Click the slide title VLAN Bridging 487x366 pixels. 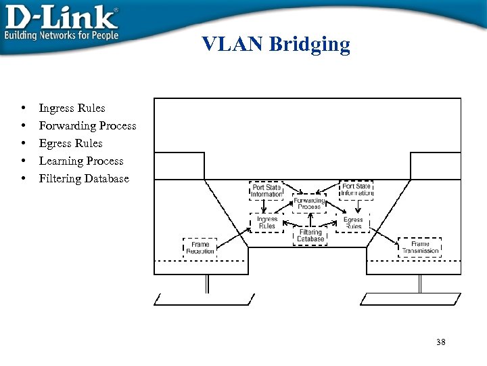tap(276, 45)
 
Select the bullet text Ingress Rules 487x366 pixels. tap(72, 108)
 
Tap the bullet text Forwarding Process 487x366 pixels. tap(87, 125)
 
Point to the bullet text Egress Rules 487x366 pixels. tap(70, 143)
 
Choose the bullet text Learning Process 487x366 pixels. tap(81, 161)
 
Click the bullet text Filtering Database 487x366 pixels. tap(83, 178)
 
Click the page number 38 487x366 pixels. tap(441, 342)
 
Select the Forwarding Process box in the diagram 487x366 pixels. tap(309, 203)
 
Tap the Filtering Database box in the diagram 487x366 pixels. tap(310, 235)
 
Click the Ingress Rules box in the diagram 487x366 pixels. tap(267, 222)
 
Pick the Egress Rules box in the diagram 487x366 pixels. tap(353, 222)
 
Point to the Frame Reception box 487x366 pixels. tap(200, 247)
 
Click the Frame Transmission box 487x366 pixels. tap(420, 247)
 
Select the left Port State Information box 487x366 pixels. tap(266, 190)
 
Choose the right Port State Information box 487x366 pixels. tap(356, 190)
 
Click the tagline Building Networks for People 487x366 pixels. tap(62, 35)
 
